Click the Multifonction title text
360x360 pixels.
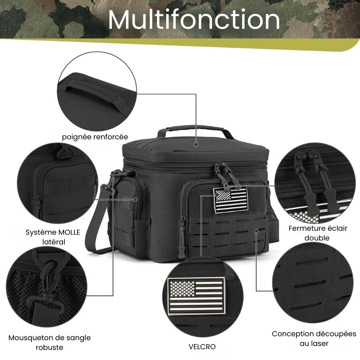[x=194, y=19]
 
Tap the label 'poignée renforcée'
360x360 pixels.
[x=95, y=137]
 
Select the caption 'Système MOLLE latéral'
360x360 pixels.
[x=53, y=237]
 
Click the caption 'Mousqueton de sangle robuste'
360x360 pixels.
[x=49, y=342]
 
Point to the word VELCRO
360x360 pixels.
[x=202, y=346]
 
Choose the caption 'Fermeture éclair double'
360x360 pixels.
[x=318, y=233]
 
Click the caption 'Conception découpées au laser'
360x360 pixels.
[x=314, y=338]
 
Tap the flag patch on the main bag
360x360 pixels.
[x=231, y=199]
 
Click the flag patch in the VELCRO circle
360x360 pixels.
[x=196, y=296]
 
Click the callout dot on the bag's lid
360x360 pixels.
[x=196, y=144]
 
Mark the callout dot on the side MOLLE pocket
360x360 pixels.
[x=135, y=199]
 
